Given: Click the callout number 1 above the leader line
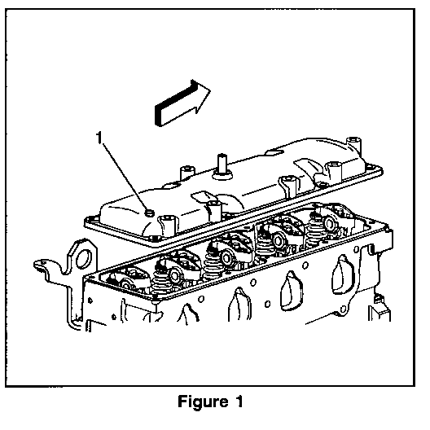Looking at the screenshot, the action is click(99, 138).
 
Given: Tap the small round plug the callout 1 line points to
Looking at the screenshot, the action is click(149, 213).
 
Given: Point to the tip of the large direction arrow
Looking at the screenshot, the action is click(210, 90).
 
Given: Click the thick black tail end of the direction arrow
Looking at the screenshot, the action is click(159, 116).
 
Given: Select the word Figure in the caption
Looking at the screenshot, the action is click(203, 401).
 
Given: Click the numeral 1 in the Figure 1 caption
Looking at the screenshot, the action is click(239, 401).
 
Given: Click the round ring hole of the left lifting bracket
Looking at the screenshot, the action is click(84, 258).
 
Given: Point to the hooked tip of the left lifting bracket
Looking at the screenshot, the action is click(37, 265).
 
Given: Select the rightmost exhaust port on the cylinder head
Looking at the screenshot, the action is click(342, 275).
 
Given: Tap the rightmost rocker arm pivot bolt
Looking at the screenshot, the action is click(329, 223).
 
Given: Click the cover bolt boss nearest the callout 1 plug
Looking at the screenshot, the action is click(167, 226).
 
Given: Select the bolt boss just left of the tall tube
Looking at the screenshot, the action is click(187, 173).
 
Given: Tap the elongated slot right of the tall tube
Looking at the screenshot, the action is click(275, 151).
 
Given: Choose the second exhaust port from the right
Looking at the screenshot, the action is click(292, 292).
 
